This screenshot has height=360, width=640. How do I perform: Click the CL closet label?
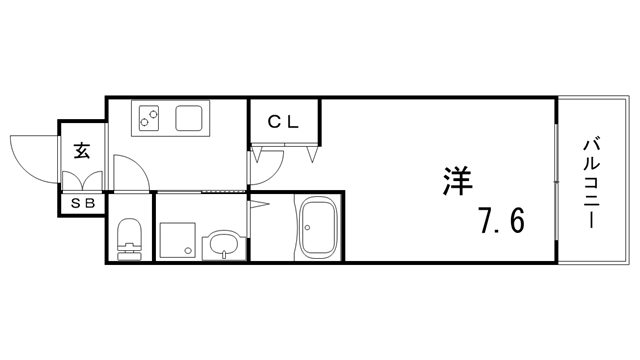click(284, 122)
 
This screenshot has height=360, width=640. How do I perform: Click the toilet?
click(130, 238)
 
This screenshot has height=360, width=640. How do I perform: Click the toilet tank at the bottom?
click(130, 253)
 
